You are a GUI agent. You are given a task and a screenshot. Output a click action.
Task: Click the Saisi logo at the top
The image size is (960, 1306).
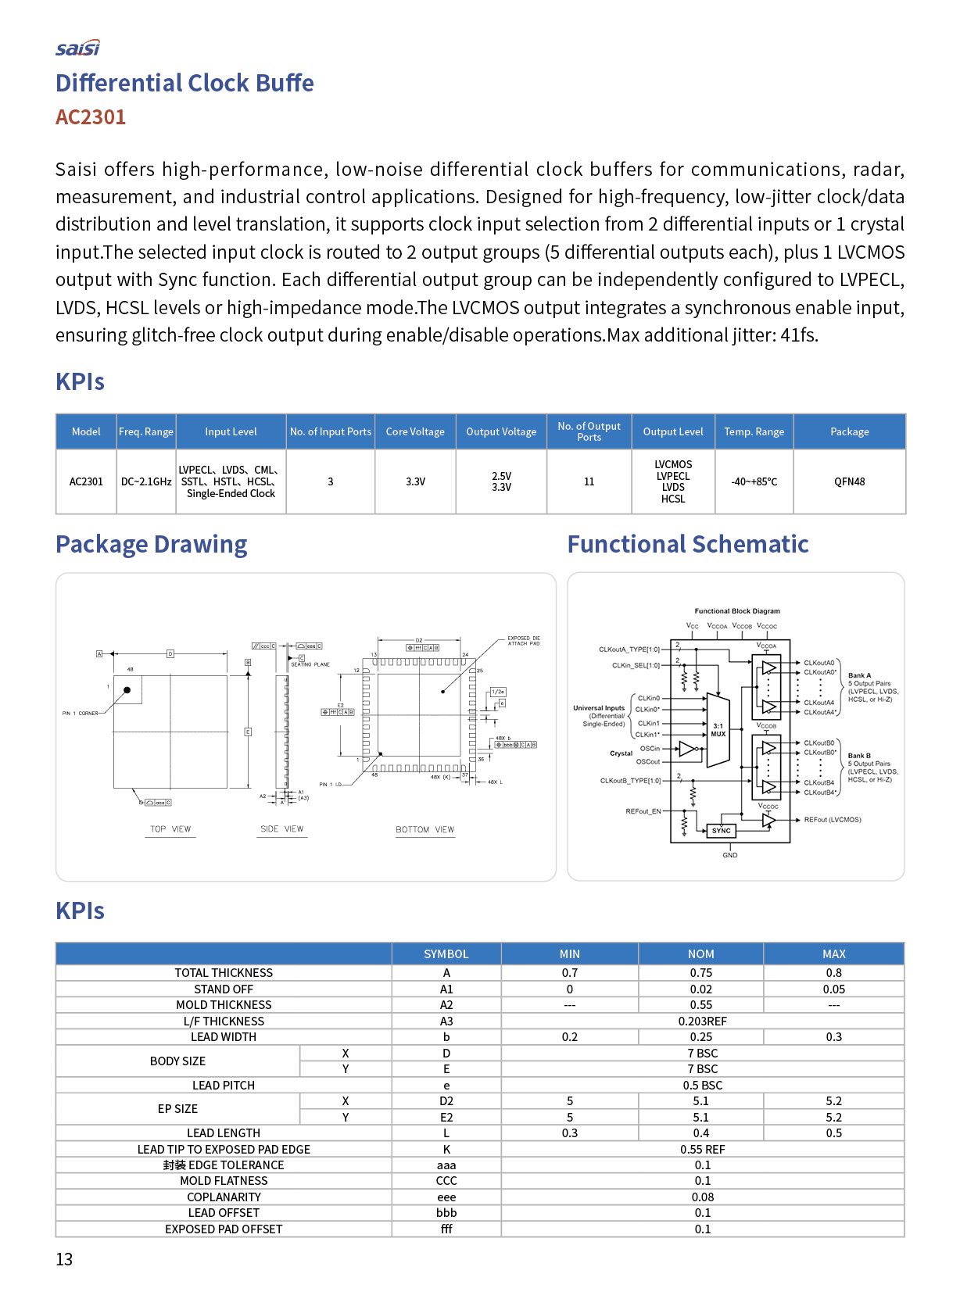tap(77, 48)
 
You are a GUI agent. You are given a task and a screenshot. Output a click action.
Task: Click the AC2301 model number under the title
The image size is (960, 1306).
tap(91, 117)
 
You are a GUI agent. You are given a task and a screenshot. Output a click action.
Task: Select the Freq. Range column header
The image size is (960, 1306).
tap(146, 431)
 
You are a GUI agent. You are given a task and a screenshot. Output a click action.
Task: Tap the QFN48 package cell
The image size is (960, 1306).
tap(849, 481)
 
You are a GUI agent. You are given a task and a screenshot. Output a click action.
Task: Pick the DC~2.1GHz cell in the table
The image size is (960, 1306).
tap(146, 481)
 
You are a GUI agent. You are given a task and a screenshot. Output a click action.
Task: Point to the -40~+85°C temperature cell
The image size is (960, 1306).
tap(754, 481)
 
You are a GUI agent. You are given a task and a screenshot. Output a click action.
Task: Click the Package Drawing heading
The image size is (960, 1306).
tap(151, 544)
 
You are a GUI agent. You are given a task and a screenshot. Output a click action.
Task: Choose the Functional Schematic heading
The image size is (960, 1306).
tap(687, 544)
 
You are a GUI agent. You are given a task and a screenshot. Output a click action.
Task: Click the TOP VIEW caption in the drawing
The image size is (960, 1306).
tap(170, 829)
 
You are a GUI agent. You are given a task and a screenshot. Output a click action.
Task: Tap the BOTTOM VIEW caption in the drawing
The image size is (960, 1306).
tap(424, 830)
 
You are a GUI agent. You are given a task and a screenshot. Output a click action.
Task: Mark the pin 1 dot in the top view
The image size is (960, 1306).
tap(127, 690)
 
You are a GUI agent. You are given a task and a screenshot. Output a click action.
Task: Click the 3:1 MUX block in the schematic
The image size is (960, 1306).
tap(718, 730)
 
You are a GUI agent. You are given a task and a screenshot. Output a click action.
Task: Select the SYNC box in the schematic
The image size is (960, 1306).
tap(722, 831)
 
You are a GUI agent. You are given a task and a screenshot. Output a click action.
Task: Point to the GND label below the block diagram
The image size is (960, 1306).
tap(729, 855)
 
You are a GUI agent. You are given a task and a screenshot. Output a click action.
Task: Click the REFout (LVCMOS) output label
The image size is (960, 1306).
tap(833, 820)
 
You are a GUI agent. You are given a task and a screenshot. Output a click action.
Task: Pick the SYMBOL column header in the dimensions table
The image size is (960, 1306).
tap(446, 954)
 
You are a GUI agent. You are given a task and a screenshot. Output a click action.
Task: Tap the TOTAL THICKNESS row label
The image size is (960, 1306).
tap(224, 973)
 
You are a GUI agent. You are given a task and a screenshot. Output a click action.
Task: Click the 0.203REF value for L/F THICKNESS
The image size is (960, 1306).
tap(702, 1022)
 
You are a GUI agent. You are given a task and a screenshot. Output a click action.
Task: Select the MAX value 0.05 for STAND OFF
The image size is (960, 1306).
tap(833, 989)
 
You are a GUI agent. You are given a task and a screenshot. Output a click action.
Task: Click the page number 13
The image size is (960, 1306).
tap(64, 1259)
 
